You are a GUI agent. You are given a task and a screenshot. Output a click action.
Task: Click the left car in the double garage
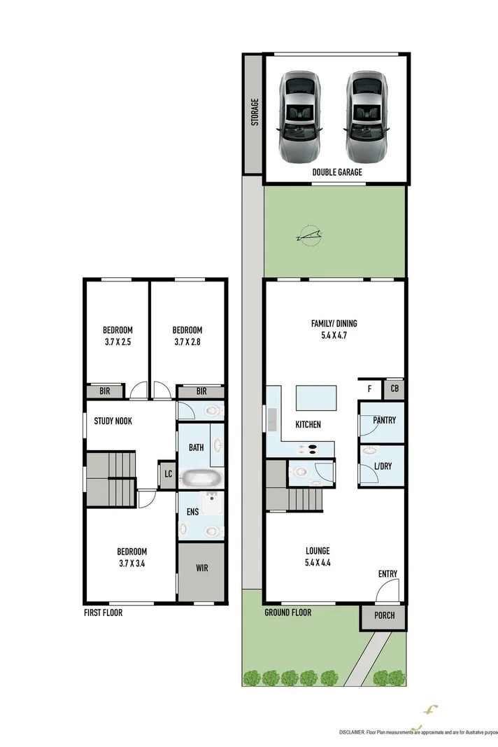coord(301,116)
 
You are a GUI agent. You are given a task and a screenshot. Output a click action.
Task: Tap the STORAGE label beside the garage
coord(255,112)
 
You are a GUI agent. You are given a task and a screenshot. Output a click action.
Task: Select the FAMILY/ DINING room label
coord(334,323)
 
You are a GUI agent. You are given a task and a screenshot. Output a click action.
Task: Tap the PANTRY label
coord(384,421)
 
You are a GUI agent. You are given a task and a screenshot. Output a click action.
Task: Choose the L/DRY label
coord(383,466)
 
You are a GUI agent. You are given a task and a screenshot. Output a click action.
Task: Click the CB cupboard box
coord(394,389)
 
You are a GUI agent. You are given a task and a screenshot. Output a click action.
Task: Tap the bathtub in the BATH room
coord(201,479)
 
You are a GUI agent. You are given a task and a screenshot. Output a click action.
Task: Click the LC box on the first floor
coord(168,474)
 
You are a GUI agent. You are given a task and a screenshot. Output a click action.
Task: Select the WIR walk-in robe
coord(201,568)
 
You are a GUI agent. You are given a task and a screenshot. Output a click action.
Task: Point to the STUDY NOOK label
coord(113,421)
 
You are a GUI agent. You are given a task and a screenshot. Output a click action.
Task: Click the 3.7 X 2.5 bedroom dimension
coord(118,342)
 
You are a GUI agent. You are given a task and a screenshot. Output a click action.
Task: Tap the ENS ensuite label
coord(192,512)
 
